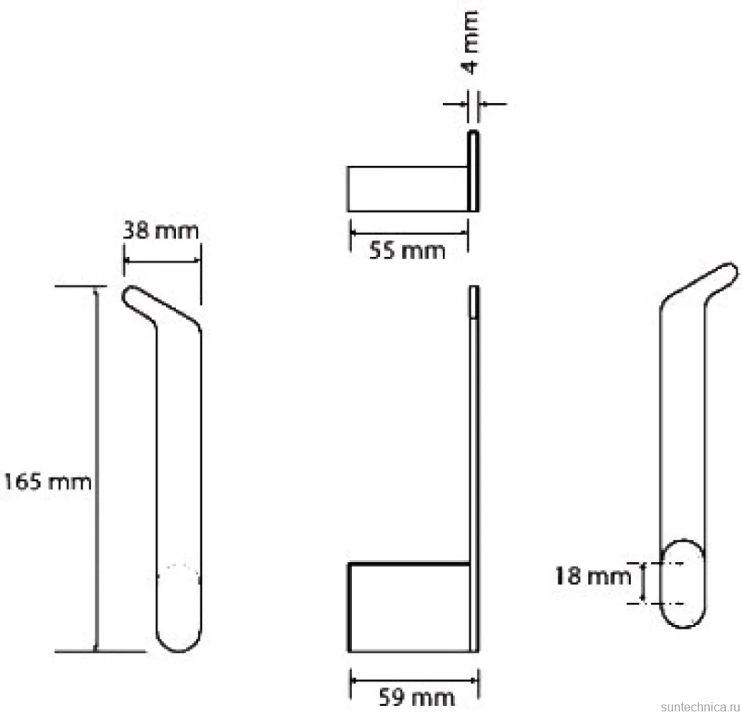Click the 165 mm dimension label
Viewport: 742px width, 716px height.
point(47,482)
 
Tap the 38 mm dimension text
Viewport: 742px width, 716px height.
point(161,231)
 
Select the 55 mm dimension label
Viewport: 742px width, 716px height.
point(407,250)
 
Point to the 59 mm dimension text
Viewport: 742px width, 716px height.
point(416,698)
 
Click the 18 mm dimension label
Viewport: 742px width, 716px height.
point(593,576)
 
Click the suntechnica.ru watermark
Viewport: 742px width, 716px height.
point(700,707)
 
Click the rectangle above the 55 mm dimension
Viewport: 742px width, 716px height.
point(408,189)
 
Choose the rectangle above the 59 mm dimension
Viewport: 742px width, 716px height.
point(409,607)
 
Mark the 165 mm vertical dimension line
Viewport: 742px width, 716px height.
point(96,468)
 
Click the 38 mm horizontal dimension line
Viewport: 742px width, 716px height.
point(162,260)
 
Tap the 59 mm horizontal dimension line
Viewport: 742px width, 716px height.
point(414,680)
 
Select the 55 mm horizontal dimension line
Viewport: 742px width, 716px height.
point(408,233)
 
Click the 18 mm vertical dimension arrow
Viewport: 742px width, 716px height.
point(643,583)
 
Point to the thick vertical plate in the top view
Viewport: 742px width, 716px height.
point(474,171)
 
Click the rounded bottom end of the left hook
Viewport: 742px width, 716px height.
point(178,639)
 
